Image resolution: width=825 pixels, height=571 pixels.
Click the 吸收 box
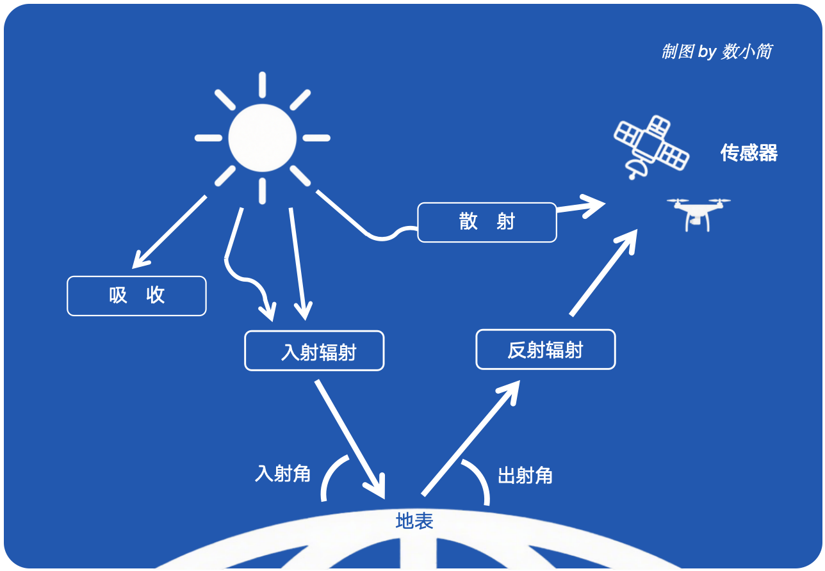tap(136, 296)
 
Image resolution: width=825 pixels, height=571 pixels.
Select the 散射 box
tap(487, 222)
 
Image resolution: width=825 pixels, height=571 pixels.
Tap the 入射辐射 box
tap(314, 351)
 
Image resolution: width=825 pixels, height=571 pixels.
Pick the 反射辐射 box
tap(545, 350)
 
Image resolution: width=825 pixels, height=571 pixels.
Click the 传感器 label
tap(749, 153)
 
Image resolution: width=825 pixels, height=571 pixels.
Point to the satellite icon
tap(650, 146)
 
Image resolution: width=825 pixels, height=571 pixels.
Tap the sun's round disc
tap(263, 138)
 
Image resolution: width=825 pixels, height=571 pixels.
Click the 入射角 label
tap(282, 474)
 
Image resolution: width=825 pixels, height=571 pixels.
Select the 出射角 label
tap(525, 476)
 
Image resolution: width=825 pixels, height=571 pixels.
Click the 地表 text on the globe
tap(414, 521)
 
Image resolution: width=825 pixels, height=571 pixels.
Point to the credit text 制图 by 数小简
tap(716, 52)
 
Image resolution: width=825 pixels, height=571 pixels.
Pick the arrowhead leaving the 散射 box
tap(586, 207)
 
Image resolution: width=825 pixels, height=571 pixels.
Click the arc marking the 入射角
tap(331, 476)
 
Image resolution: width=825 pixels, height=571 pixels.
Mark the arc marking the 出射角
tap(479, 480)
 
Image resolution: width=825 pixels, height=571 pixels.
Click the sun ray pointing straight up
tap(263, 85)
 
